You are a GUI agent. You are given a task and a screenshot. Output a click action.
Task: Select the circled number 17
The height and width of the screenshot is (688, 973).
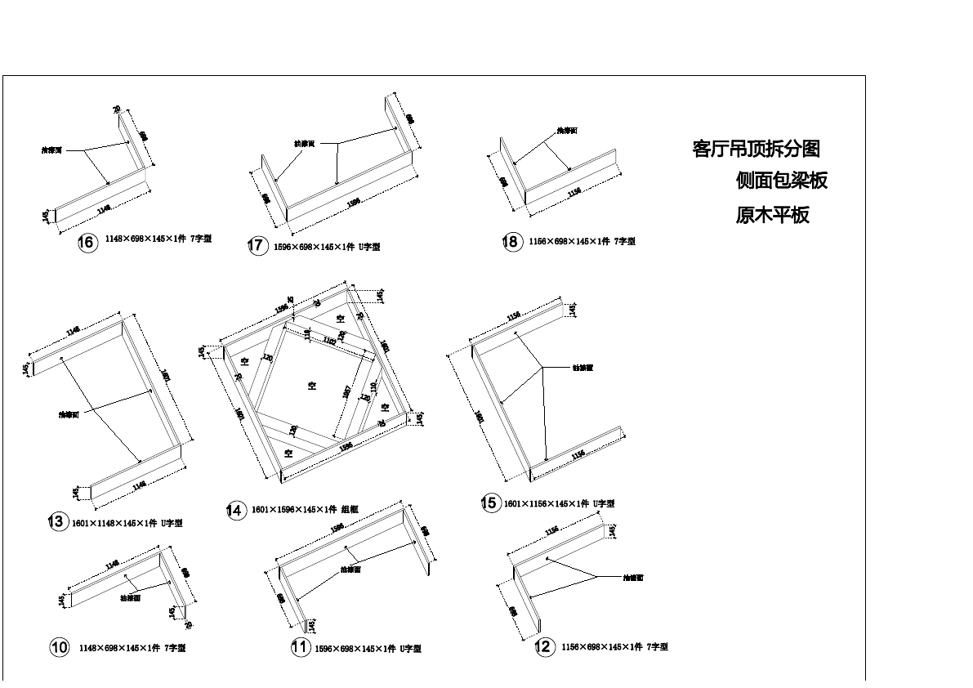click(x=258, y=246)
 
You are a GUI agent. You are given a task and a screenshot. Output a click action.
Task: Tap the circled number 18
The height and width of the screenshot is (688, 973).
click(x=512, y=242)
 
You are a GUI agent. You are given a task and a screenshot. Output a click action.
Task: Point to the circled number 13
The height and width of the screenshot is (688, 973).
click(x=57, y=521)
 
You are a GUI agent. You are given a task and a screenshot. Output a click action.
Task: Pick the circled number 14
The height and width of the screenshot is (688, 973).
click(x=235, y=511)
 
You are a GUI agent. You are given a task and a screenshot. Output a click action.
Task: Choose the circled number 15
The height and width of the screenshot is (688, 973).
click(x=489, y=503)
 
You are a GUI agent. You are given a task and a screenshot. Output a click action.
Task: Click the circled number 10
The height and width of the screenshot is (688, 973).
click(x=59, y=648)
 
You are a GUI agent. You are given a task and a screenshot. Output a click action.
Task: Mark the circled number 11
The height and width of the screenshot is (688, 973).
click(x=300, y=648)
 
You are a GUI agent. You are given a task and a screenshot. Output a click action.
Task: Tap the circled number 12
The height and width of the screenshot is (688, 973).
click(x=544, y=647)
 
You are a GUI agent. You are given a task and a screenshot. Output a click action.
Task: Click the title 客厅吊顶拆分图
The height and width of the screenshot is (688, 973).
click(x=756, y=149)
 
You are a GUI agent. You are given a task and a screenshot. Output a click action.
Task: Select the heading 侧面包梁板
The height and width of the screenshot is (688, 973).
click(x=782, y=181)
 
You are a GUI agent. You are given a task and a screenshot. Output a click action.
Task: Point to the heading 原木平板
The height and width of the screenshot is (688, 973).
click(x=772, y=216)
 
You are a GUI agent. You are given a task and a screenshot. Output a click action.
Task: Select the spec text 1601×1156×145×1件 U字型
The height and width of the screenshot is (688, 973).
click(x=560, y=504)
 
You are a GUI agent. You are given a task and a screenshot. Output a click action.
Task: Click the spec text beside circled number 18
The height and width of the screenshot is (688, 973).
click(x=582, y=242)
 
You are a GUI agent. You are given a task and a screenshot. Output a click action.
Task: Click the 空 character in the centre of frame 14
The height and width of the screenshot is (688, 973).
click(x=312, y=385)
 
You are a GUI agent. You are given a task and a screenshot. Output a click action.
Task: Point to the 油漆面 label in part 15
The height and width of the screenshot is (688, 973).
click(x=582, y=368)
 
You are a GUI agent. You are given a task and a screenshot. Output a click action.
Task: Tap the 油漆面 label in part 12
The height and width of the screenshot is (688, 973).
click(x=633, y=578)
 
